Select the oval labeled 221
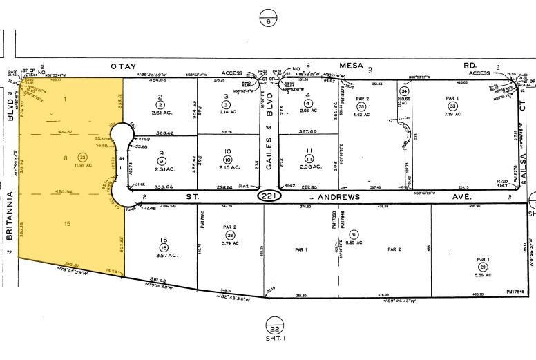[269, 196]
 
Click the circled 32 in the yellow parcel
[82, 158]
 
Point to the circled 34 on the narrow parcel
[405, 91]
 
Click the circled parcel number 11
[309, 158]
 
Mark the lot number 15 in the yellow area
[68, 222]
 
